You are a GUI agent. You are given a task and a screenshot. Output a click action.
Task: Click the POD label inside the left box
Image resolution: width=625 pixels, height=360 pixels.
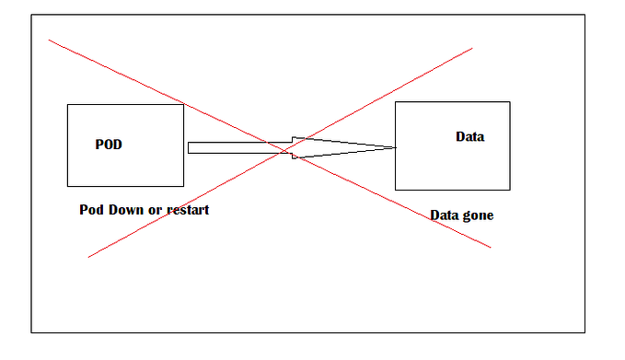pyautogui.click(x=109, y=145)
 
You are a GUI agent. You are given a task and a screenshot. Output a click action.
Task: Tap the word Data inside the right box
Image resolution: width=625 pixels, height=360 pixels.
pyautogui.click(x=469, y=137)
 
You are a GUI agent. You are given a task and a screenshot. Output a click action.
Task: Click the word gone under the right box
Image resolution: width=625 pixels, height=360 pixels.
pyautogui.click(x=478, y=215)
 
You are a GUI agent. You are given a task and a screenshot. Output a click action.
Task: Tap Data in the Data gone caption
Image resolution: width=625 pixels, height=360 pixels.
pyautogui.click(x=445, y=215)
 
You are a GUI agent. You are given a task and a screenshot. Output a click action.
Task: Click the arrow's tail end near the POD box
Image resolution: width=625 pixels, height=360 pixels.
pyautogui.click(x=190, y=147)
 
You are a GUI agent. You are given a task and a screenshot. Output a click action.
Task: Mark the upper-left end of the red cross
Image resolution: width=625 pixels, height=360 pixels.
pyautogui.click(x=49, y=40)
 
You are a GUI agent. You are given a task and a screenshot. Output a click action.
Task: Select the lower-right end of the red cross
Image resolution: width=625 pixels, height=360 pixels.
pyautogui.click(x=491, y=247)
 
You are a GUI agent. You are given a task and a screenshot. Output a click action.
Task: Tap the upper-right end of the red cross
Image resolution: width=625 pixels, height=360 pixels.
pyautogui.click(x=472, y=49)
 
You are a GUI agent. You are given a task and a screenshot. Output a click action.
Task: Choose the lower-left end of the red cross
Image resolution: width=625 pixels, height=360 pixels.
pyautogui.click(x=88, y=256)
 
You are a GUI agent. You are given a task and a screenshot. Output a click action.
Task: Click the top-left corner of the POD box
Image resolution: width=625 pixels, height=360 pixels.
pyautogui.click(x=67, y=105)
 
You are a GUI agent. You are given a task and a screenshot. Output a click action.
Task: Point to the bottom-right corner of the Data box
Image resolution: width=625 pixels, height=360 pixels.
pyautogui.click(x=509, y=190)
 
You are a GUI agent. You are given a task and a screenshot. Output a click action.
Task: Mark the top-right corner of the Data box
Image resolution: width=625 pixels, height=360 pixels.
pyautogui.click(x=509, y=101)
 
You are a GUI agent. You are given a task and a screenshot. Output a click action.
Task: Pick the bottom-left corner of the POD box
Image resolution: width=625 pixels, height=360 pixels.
pyautogui.click(x=67, y=187)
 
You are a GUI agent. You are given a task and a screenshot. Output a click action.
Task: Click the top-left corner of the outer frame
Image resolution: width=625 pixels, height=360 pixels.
pyautogui.click(x=31, y=14)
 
